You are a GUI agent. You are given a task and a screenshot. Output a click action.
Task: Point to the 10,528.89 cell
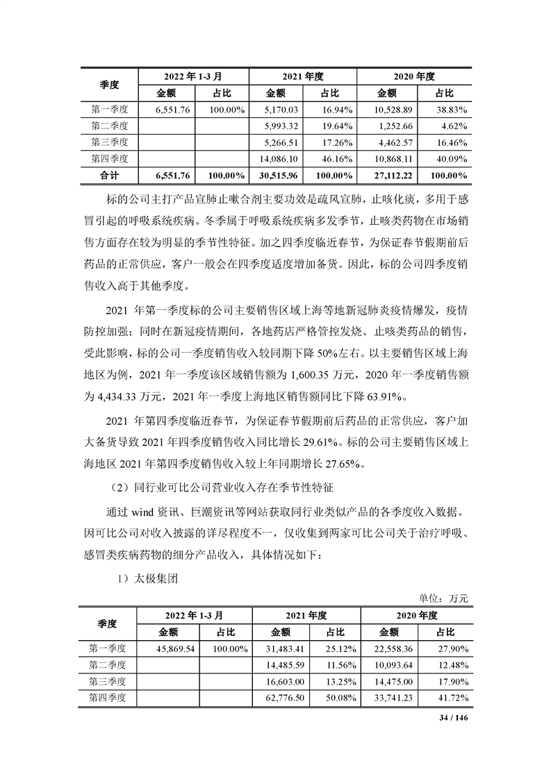[x=393, y=110]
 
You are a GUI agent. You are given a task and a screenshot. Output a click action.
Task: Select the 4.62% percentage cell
[x=452, y=126]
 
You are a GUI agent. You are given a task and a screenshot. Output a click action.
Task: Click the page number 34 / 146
[x=455, y=716]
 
